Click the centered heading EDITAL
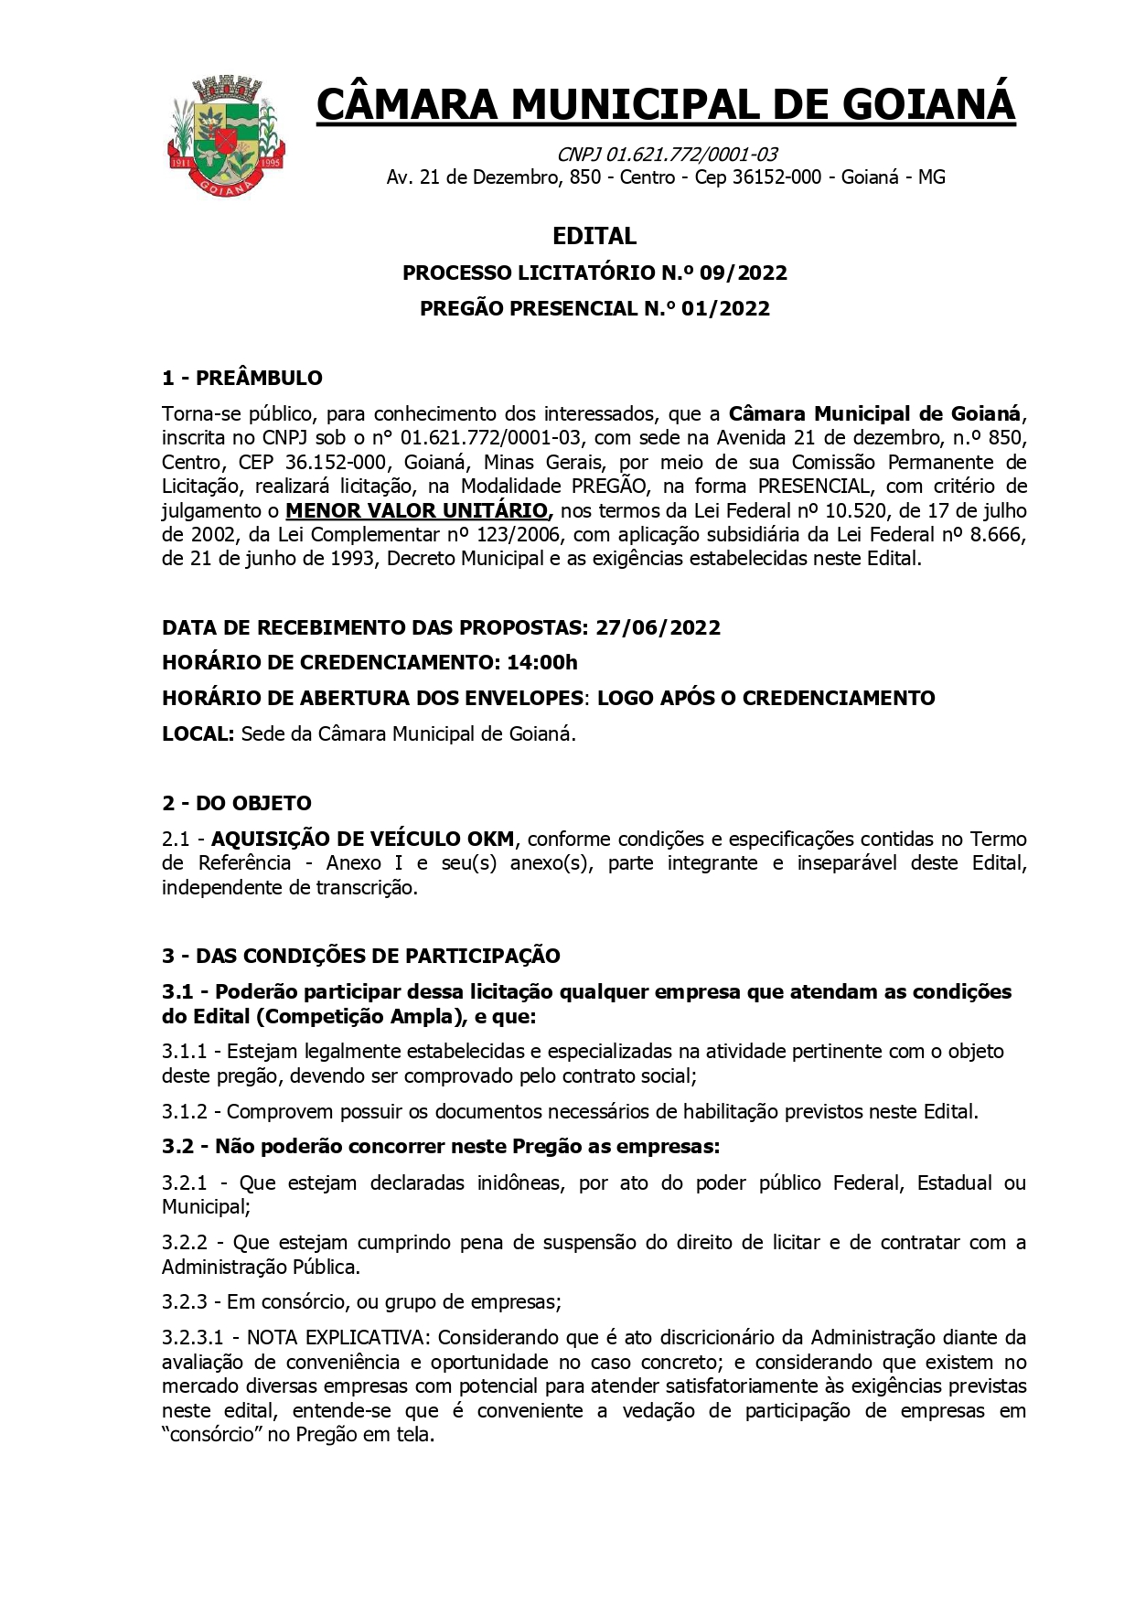click(594, 236)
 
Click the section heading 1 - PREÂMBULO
click(242, 378)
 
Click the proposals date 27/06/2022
click(658, 627)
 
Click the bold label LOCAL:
click(198, 733)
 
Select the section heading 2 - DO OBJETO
click(237, 803)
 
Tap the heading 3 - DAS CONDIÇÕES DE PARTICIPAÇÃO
click(361, 956)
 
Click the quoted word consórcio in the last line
click(212, 1434)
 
